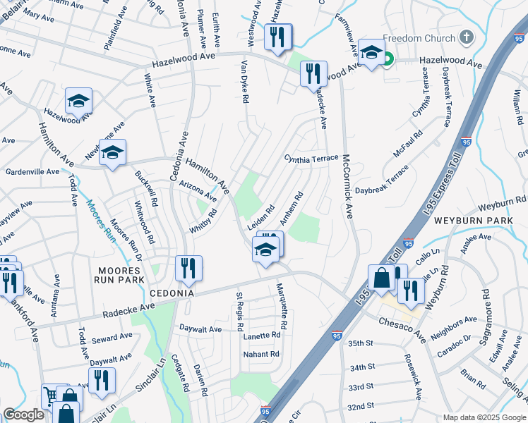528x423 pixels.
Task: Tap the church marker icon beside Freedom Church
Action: pyautogui.click(x=466, y=37)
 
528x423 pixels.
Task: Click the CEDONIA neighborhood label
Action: pyautogui.click(x=169, y=293)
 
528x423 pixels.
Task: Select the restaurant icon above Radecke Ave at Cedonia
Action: pyautogui.click(x=188, y=268)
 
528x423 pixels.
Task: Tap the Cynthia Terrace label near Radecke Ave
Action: pyautogui.click(x=311, y=159)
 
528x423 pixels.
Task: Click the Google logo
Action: pyautogui.click(x=23, y=415)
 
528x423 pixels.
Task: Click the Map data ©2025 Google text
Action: pyautogui.click(x=484, y=417)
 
